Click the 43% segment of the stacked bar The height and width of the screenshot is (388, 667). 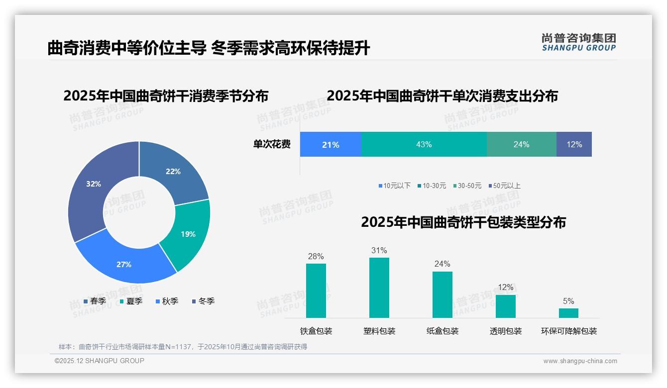pos(424,144)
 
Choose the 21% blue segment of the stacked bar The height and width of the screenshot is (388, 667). pos(331,144)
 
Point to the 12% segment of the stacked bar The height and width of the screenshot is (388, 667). pos(574,144)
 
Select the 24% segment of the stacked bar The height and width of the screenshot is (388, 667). pos(521,144)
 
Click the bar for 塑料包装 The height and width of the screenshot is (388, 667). pos(379,288)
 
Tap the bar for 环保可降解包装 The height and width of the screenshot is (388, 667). pos(568,313)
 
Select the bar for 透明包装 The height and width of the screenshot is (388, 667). pos(506,306)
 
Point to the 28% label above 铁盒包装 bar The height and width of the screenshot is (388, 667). pos(316,257)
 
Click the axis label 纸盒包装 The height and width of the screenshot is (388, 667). pos(443,331)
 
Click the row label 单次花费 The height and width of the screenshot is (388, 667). pos(272,144)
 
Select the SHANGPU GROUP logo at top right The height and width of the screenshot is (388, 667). pos(579,42)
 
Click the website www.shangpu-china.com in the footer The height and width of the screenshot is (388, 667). pos(580,361)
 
